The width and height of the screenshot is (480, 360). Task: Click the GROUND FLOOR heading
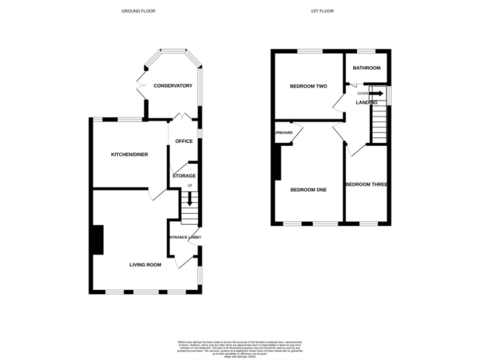138,11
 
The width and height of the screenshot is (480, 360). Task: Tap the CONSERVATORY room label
173,86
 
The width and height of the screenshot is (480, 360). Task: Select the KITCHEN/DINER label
129,154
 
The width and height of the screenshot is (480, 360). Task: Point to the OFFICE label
184,141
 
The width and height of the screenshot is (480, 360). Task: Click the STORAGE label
184,176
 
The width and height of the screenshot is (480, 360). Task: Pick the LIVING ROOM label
145,265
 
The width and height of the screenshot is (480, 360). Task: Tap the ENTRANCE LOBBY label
183,237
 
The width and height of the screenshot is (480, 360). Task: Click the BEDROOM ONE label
308,189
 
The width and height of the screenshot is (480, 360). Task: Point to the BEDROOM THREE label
367,184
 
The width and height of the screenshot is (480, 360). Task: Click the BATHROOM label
366,68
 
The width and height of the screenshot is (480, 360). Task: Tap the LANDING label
366,102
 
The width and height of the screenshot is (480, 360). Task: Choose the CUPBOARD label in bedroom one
283,132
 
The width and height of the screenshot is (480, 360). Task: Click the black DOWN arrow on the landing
376,93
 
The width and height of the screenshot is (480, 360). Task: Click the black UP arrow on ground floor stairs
190,201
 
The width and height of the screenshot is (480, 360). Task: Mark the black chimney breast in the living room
98,239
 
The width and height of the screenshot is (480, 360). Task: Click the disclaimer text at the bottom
240,347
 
